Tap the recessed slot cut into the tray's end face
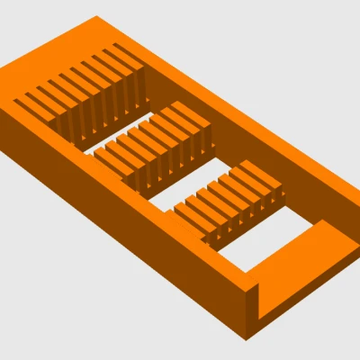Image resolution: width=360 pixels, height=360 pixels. [263, 306]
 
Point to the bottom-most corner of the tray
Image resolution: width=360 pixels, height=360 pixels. [247, 341]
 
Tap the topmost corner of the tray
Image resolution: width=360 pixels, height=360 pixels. [95, 16]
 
